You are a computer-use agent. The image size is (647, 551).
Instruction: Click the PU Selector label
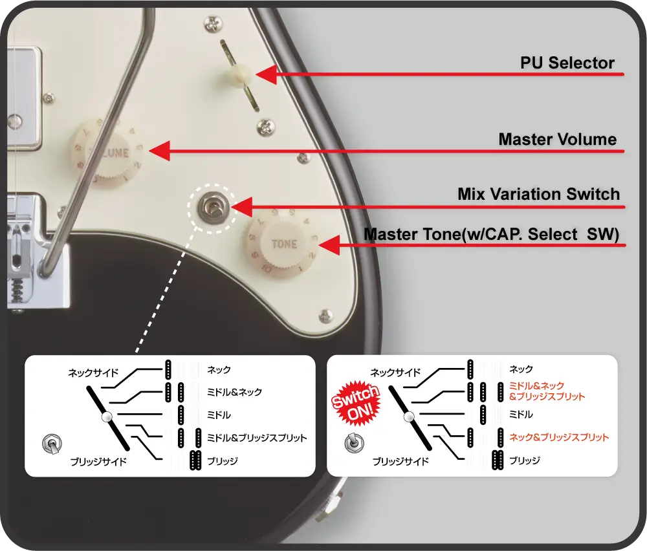pos(567,63)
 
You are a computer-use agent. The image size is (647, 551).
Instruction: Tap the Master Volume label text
pos(557,140)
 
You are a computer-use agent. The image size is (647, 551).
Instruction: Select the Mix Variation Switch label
pos(538,194)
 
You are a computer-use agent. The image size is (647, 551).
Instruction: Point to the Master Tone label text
pos(491,234)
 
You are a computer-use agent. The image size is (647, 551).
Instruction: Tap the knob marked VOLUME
pos(108,153)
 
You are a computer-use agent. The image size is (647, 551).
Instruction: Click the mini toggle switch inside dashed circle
pos(212,207)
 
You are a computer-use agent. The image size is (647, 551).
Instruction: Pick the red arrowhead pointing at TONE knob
pos(329,245)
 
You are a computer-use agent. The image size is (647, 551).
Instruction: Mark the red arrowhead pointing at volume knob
pos(159,151)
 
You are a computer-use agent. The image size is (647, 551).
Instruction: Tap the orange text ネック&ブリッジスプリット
pos(559,437)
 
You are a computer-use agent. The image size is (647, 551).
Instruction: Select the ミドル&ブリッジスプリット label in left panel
pos(257,438)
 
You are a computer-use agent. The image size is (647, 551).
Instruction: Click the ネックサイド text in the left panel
pos(93,373)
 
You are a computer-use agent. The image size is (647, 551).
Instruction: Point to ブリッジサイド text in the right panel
pos(400,462)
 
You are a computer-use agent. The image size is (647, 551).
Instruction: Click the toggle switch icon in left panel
pos(52,444)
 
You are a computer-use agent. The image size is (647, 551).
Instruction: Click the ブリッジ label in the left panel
pos(223,461)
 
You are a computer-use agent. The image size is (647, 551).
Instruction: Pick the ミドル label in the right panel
pos(521,415)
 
